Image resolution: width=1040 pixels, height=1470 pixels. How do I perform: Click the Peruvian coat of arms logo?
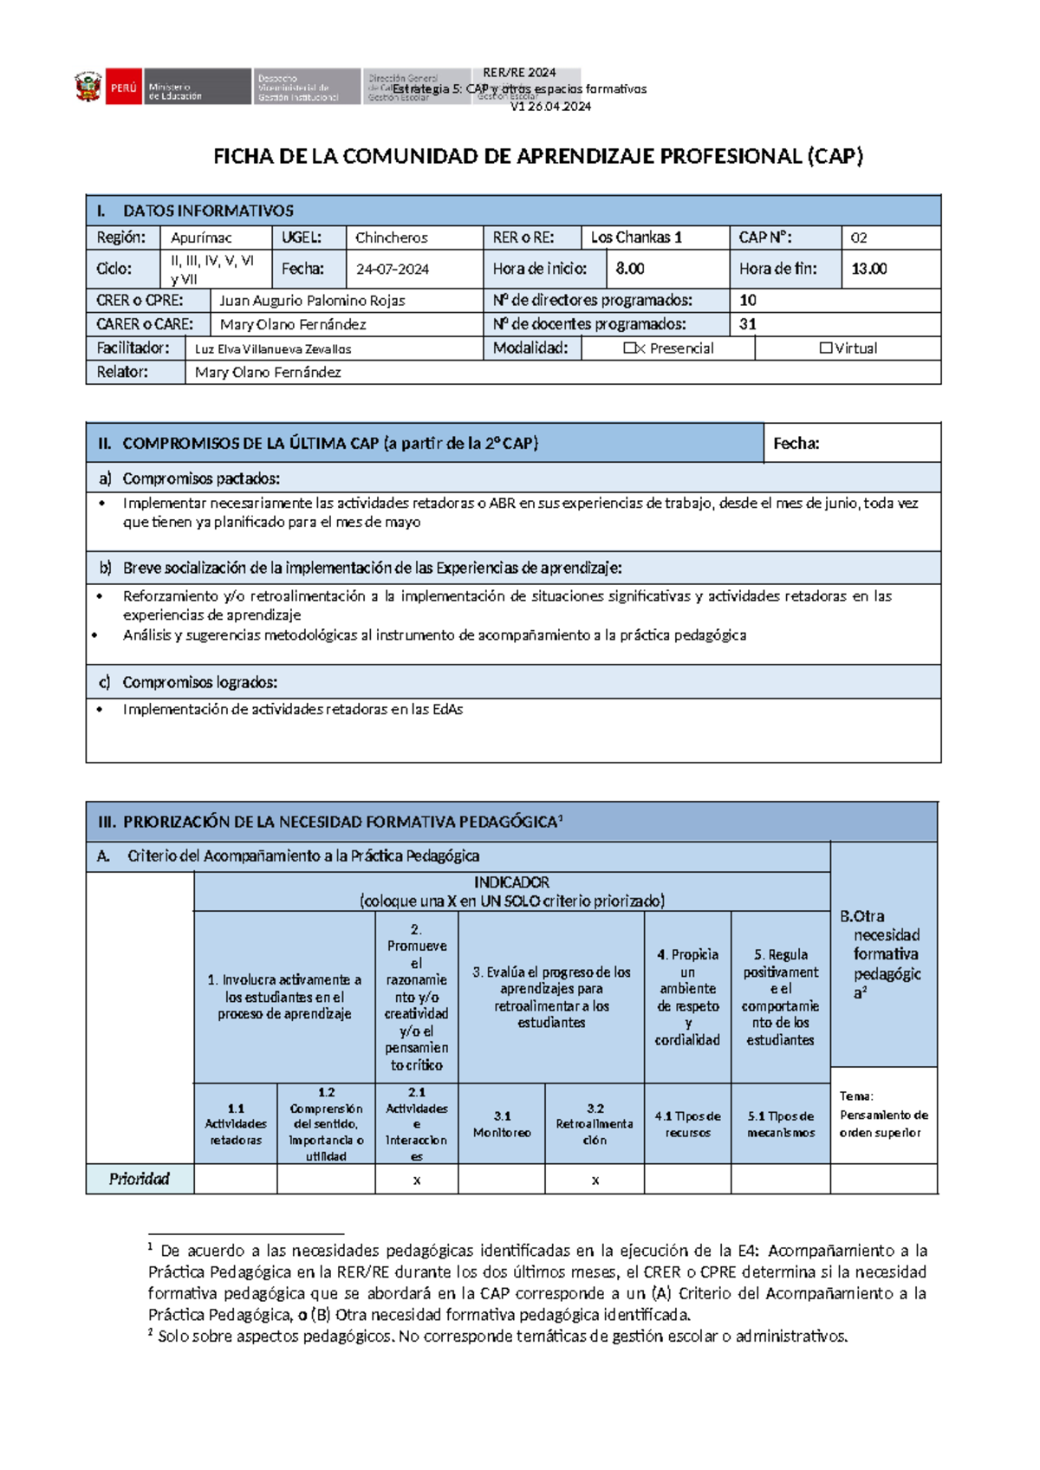88,88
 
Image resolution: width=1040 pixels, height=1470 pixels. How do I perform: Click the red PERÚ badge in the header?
123,88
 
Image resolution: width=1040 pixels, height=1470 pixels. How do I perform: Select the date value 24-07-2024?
393,270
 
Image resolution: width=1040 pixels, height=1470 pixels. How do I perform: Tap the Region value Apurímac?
201,237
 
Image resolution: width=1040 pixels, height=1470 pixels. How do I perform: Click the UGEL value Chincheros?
391,237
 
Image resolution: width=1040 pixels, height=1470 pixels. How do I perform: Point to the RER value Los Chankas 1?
636,237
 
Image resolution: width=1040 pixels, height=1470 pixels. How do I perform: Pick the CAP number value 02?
858,237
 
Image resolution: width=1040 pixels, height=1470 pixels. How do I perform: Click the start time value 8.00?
630,269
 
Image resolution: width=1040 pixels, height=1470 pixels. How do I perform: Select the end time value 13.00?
868,269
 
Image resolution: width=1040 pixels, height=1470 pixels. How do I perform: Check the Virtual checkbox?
826,348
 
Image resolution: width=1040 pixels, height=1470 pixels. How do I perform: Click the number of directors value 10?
748,301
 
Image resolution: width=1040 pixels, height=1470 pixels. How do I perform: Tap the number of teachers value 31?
748,324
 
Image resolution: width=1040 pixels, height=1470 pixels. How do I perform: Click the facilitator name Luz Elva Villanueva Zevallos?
273,349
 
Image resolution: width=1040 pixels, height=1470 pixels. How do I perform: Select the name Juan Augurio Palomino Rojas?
312,301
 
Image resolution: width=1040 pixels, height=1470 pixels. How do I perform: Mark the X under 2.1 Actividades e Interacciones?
417,1181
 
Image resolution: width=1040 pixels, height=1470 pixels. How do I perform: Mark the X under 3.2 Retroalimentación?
595,1181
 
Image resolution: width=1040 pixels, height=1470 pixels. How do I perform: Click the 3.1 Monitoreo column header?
502,1124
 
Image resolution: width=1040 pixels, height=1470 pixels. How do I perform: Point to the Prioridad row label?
140,1179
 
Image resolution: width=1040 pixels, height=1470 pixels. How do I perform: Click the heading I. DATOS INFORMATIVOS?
208,211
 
